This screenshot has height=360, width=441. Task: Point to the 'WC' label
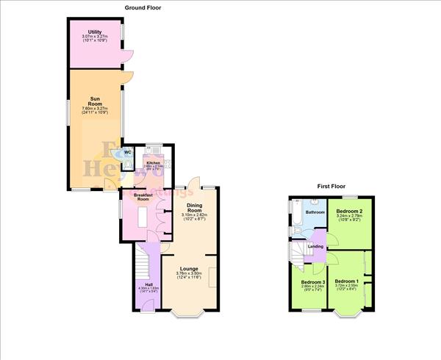127,152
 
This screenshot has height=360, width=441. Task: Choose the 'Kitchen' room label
154,162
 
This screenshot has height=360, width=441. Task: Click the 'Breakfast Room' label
143,196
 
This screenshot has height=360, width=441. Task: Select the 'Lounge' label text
189,270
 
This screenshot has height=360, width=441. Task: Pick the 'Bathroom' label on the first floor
315,212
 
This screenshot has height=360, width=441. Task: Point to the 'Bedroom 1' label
347,281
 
